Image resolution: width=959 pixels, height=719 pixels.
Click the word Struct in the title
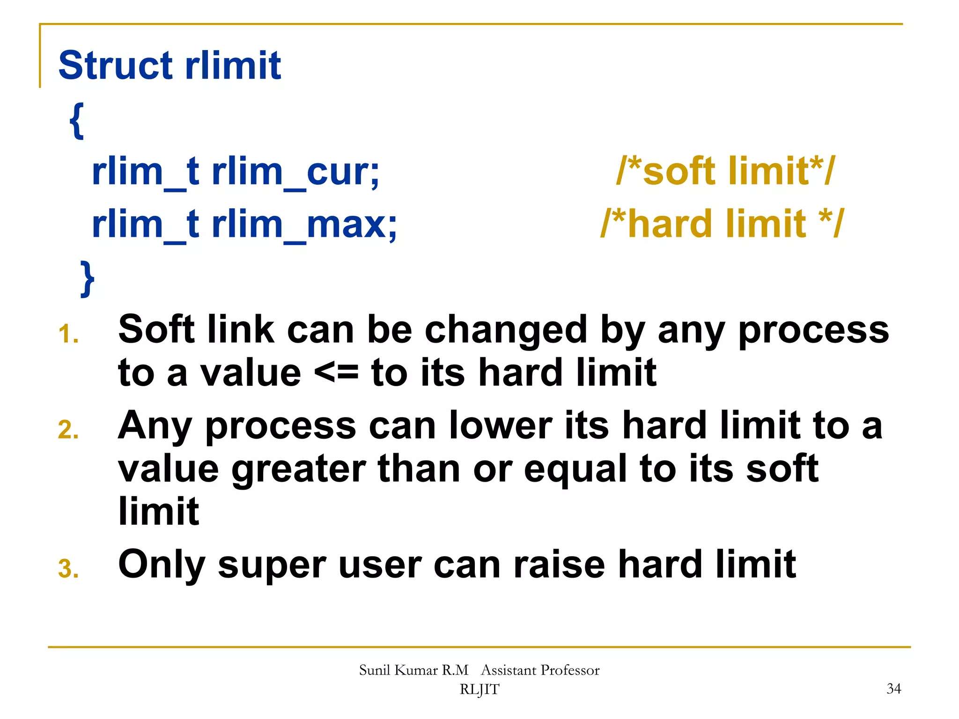115,66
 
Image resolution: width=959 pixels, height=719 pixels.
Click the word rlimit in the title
233,66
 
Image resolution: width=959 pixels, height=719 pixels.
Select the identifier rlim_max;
304,225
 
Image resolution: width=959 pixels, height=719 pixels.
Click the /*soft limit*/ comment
725,171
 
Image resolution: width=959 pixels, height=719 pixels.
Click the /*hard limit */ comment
722,224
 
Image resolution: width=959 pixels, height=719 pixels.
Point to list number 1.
68,335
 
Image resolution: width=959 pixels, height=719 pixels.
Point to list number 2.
68,430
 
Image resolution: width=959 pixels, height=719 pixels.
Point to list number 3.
68,569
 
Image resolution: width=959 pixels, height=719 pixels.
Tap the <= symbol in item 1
336,373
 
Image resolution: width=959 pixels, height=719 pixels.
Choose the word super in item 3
272,565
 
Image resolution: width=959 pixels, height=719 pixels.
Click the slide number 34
893,689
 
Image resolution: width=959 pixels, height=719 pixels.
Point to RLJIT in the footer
479,690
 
